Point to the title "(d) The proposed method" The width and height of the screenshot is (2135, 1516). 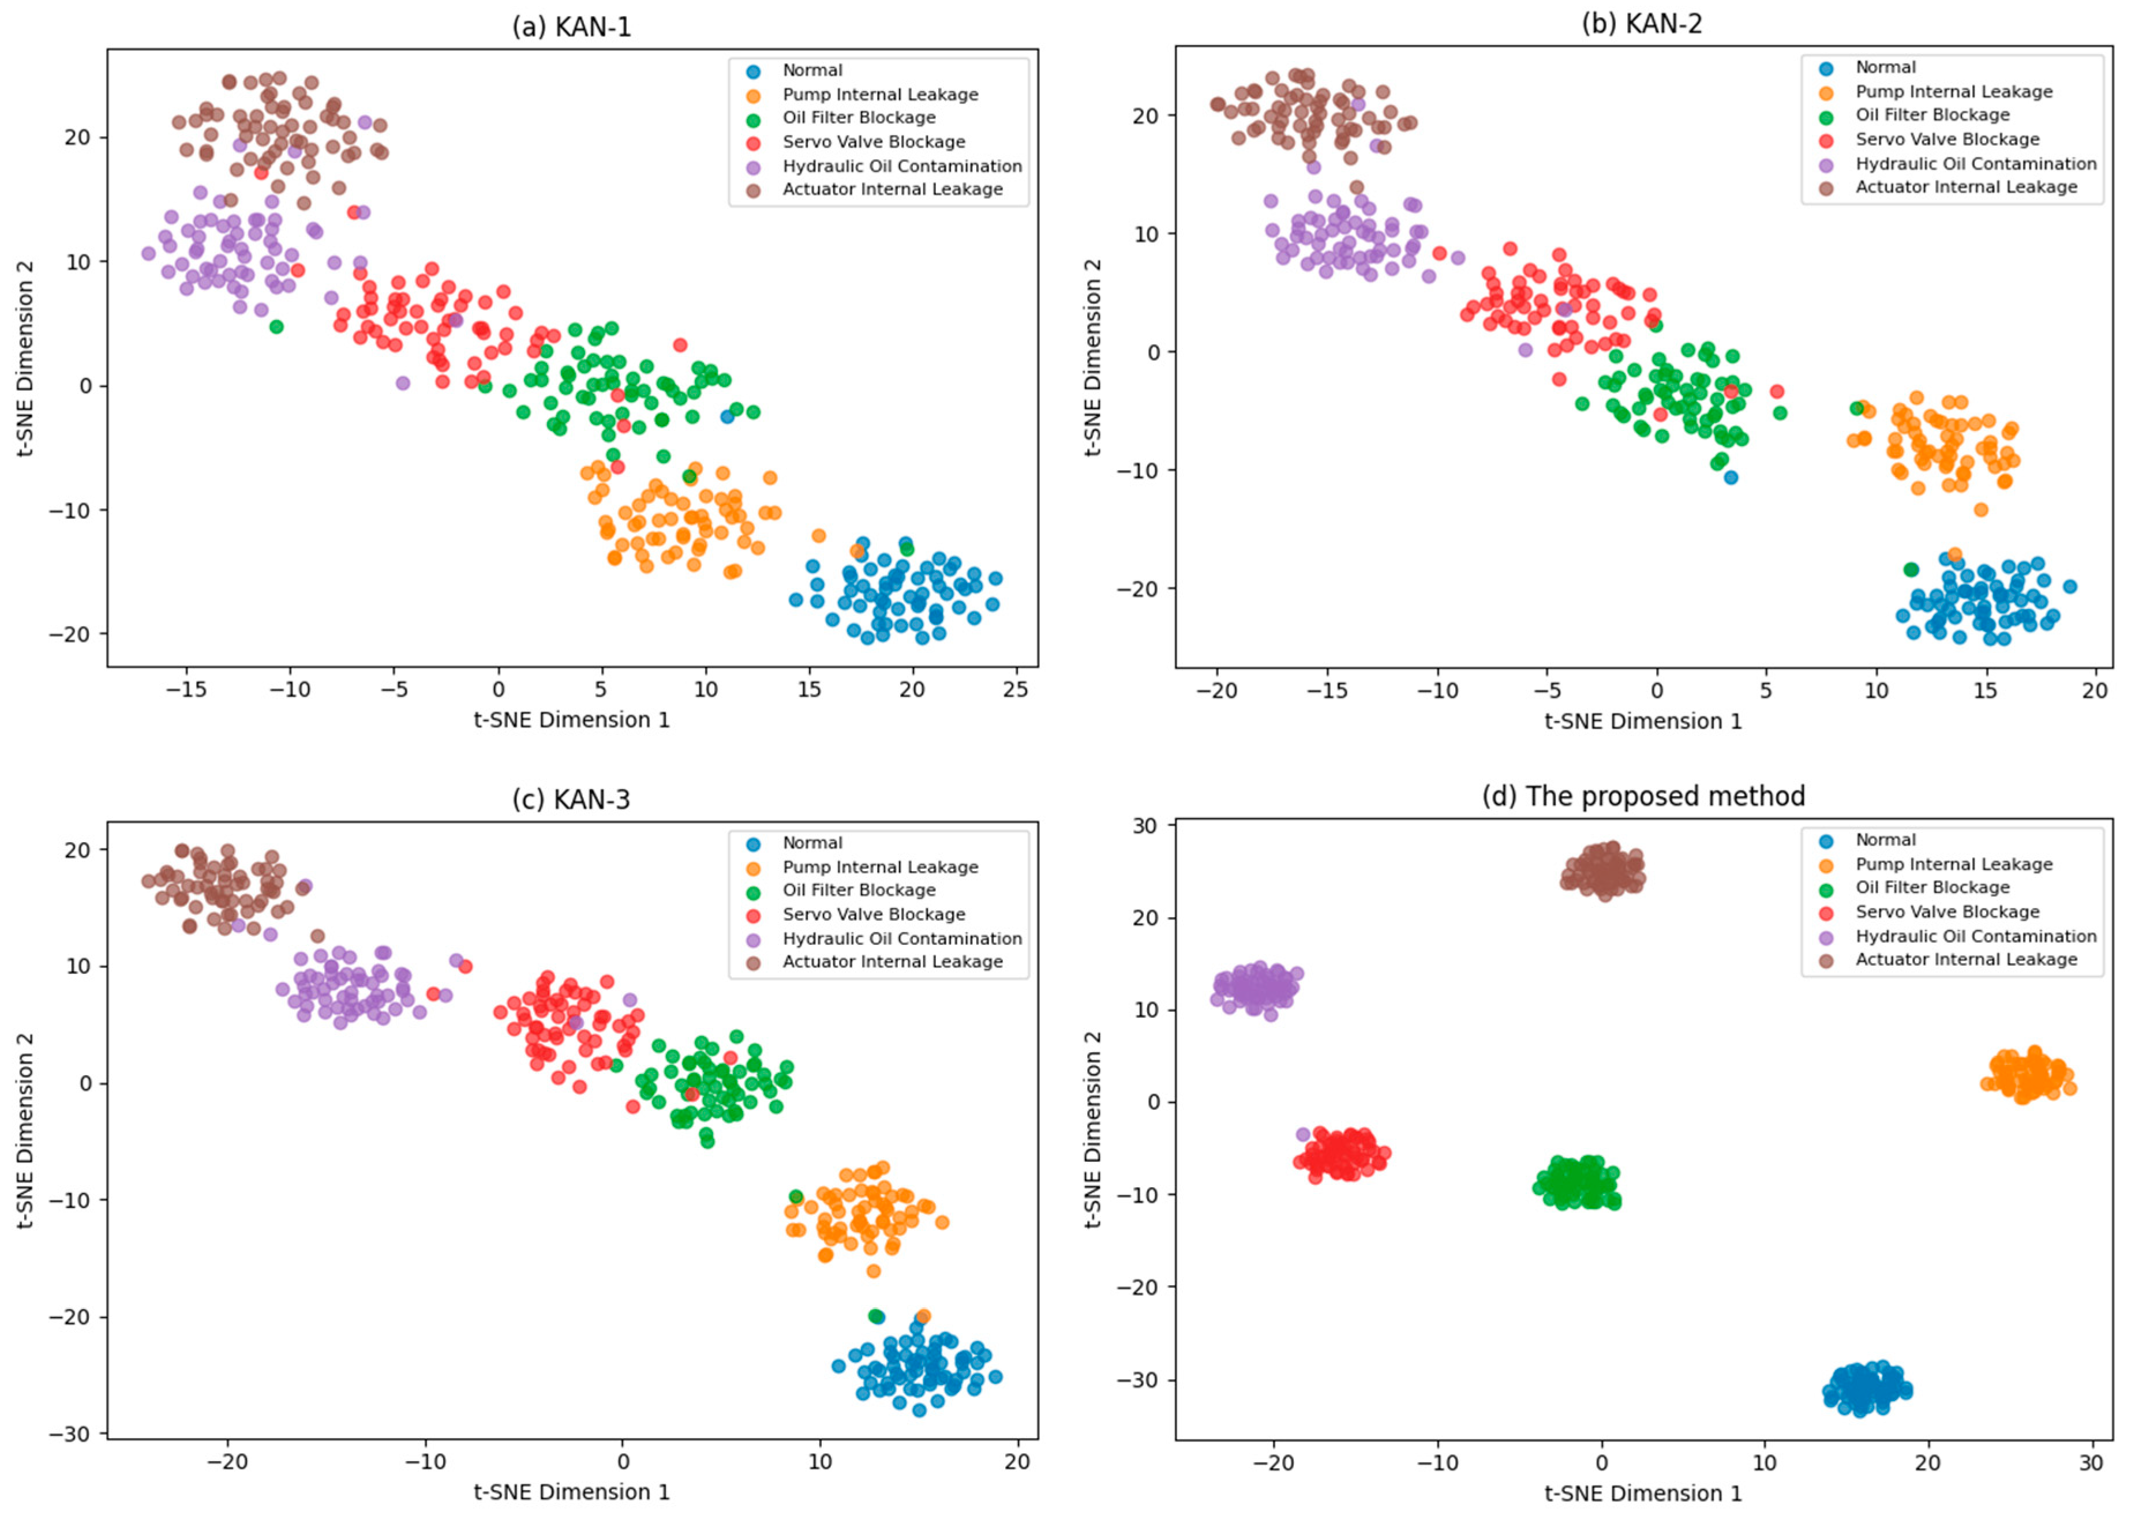click(1643, 795)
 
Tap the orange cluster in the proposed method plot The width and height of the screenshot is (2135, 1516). click(2028, 1075)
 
